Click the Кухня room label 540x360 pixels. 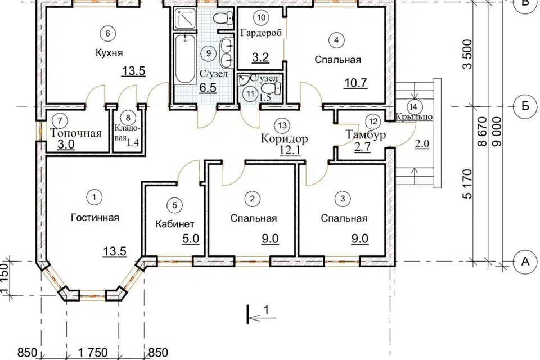coord(109,53)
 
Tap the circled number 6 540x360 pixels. coord(107,33)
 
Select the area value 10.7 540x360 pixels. coord(355,83)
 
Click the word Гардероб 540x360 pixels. coord(261,33)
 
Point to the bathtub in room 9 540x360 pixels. coord(185,58)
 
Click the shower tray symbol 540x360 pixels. coord(185,19)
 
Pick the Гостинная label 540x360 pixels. coord(95,218)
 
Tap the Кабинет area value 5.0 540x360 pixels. coord(191,238)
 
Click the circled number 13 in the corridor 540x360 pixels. coord(282,125)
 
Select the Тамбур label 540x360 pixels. coord(366,134)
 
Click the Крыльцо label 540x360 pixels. coord(413,117)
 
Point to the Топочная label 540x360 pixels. coord(76,133)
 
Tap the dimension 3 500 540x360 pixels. coord(467,54)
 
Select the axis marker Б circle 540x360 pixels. coord(525,106)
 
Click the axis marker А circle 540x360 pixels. coord(525,262)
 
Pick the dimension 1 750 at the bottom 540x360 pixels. coord(93,353)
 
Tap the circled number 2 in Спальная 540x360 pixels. coord(253,199)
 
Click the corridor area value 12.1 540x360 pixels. coord(290,151)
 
